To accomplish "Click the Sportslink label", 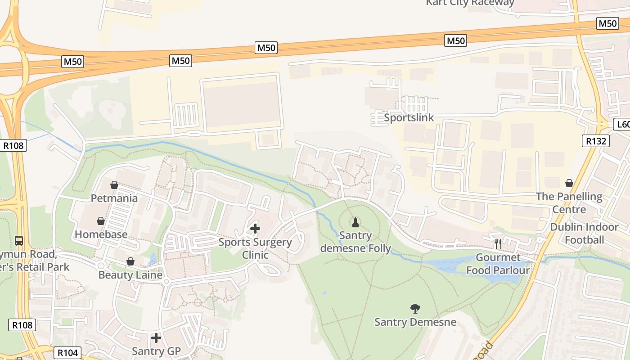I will [x=409, y=118].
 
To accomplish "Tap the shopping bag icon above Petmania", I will [x=114, y=185].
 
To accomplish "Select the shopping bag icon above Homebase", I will [x=101, y=221].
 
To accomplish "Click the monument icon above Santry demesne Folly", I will [x=355, y=222].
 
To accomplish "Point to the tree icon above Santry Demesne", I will [x=415, y=308].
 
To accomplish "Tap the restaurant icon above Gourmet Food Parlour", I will [x=498, y=243].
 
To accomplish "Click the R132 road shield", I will [x=597, y=141].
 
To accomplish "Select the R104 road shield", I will [x=68, y=352].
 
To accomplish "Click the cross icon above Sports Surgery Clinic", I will [x=255, y=229].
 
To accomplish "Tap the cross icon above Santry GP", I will [x=156, y=337].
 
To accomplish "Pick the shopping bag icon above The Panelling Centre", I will [x=569, y=183].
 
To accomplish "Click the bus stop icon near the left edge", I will [x=18, y=240].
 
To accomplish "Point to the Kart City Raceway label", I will [x=470, y=3].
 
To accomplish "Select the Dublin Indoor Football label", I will [x=584, y=233].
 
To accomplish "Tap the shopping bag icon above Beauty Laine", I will [x=130, y=261].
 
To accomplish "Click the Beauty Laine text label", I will [x=130, y=275].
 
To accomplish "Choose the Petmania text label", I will [x=114, y=198].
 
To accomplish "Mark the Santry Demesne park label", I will [x=415, y=322].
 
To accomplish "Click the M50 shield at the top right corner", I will [x=607, y=23].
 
